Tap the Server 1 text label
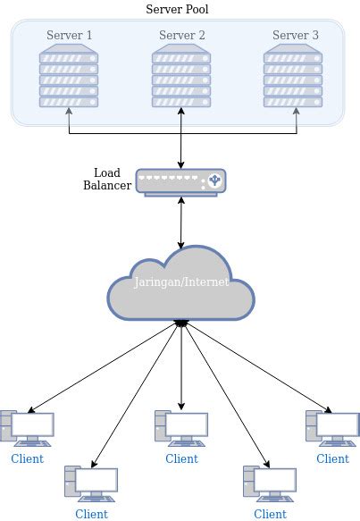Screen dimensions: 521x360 click(70, 36)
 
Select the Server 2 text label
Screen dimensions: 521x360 click(182, 36)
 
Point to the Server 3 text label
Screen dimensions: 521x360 click(295, 36)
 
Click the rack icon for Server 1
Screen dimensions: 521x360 click(69, 79)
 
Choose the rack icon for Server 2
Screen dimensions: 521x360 click(181, 79)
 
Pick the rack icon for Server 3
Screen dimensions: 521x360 click(294, 79)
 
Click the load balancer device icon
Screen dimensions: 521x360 click(181, 182)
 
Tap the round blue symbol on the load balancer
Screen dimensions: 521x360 click(213, 182)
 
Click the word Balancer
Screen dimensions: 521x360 click(107, 186)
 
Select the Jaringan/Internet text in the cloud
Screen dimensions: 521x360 click(181, 282)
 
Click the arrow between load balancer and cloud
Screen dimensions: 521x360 click(181, 222)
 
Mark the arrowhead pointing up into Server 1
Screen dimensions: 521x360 click(69, 113)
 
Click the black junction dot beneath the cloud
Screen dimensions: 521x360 click(181, 323)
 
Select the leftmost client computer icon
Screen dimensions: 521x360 click(27, 428)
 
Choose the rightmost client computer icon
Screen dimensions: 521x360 click(332, 428)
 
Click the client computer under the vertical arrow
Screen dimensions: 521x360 click(181, 428)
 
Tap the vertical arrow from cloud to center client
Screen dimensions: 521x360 click(181, 366)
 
